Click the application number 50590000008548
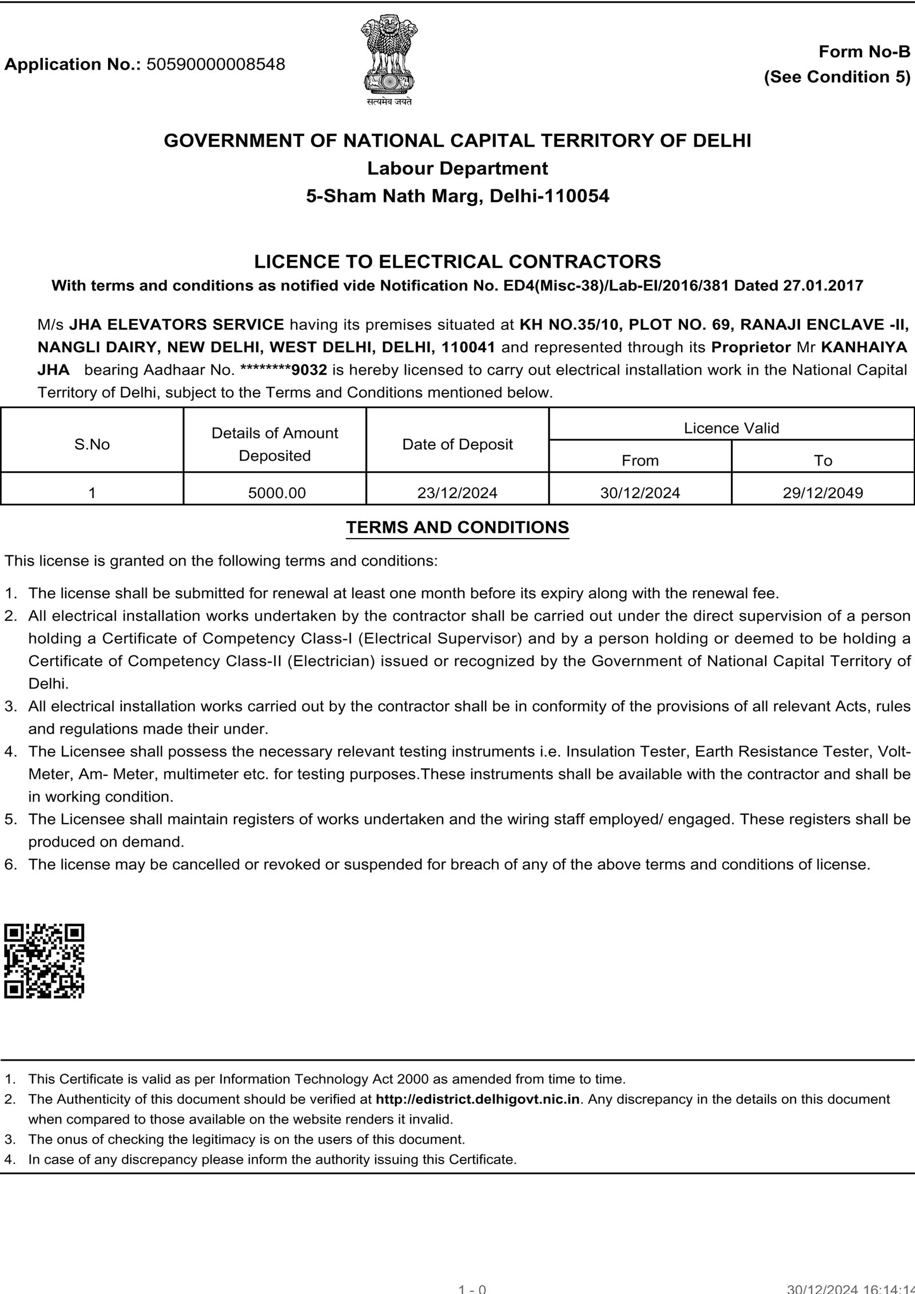pos(216,64)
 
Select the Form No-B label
pos(864,52)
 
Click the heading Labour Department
pos(457,168)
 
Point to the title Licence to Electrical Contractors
pos(457,261)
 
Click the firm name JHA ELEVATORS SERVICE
pos(177,324)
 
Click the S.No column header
pos(92,444)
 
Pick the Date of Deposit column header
pos(457,444)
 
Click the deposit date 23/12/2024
pos(457,492)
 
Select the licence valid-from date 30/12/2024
pos(640,492)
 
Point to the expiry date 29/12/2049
pos(823,492)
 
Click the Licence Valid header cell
pos(731,428)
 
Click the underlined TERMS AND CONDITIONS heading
pos(457,527)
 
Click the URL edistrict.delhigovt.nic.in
pos(478,1099)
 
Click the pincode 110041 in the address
pos(468,347)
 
